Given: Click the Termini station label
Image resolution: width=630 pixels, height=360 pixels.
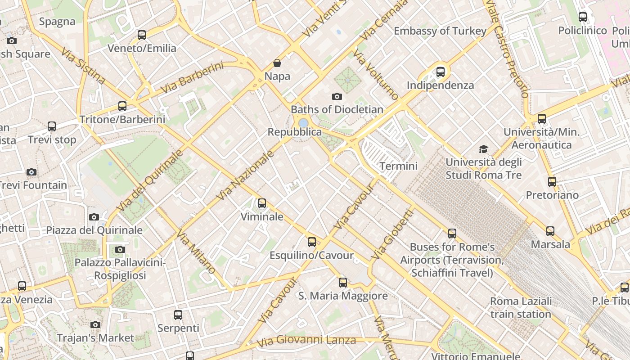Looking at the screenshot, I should [x=398, y=166].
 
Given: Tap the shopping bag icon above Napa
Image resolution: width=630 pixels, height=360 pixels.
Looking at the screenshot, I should [x=277, y=63].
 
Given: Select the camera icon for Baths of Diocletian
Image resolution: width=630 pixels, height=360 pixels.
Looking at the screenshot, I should [x=337, y=96].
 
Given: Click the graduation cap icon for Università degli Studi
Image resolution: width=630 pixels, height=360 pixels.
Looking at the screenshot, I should [x=483, y=149].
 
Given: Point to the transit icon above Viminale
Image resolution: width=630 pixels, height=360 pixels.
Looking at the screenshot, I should [x=262, y=203].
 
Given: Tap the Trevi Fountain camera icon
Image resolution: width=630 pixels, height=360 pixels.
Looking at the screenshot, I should [x=31, y=172].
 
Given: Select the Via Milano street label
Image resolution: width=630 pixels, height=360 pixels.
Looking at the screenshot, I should [x=195, y=252].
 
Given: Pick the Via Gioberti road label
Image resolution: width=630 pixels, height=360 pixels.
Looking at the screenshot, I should [x=391, y=236].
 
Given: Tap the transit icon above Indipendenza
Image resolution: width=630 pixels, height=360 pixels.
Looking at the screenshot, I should [x=441, y=72].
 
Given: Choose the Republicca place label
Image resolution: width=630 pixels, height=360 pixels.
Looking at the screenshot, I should [x=295, y=132].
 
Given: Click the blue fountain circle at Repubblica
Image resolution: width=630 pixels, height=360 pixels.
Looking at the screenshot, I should [x=303, y=122].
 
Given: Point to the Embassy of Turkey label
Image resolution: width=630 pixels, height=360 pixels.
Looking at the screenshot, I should [x=440, y=31].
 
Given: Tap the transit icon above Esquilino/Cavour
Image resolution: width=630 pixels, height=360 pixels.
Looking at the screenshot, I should [x=312, y=242].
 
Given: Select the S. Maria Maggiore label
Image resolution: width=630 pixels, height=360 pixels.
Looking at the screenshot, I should [x=343, y=296].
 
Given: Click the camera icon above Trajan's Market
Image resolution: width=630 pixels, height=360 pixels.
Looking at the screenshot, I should [x=95, y=324].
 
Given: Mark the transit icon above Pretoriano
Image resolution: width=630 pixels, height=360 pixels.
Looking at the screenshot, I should [x=552, y=182].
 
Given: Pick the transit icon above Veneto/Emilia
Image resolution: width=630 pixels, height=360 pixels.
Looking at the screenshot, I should [x=142, y=35].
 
